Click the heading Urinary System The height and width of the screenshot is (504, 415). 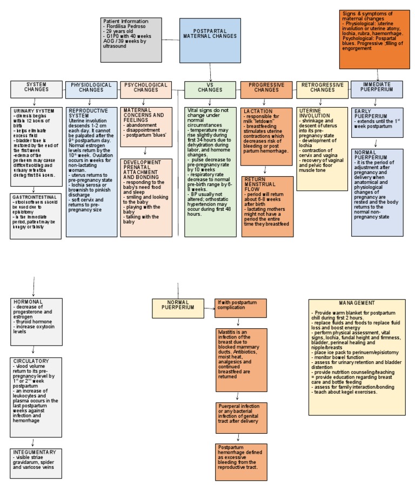pos(33,111)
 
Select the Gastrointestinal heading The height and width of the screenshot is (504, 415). pos(34,198)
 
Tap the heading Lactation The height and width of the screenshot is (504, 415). pos(258,111)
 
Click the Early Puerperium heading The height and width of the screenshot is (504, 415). pos(370,114)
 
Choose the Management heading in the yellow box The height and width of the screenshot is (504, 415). pos(357,303)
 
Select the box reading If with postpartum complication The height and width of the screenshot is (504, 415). pos(240,305)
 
